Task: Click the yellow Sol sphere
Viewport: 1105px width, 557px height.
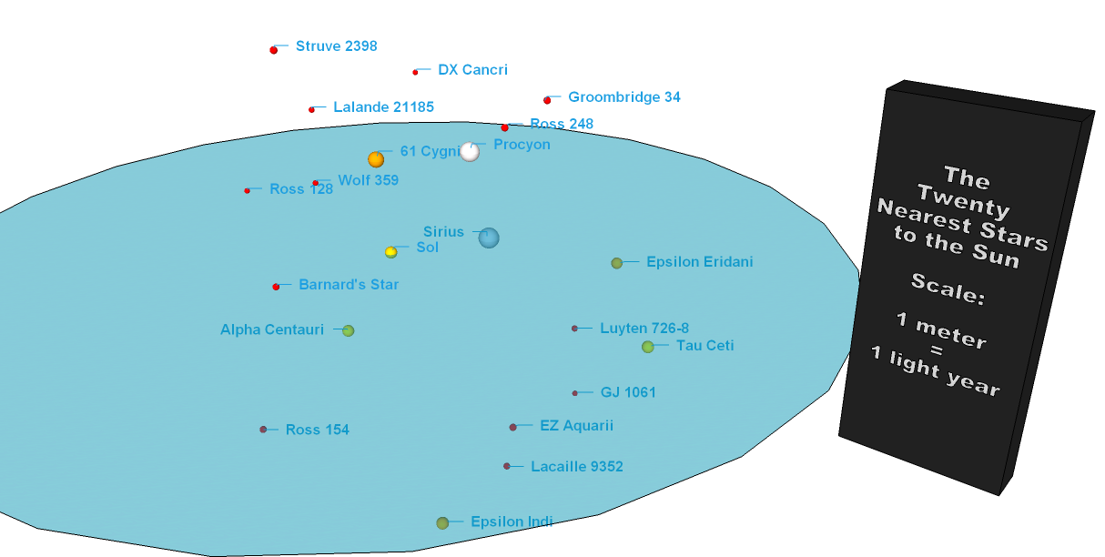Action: click(390, 252)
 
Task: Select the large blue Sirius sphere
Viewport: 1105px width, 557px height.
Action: click(489, 238)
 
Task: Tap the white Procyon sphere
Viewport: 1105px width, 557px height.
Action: click(470, 152)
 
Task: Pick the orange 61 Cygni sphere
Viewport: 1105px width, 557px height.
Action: click(376, 159)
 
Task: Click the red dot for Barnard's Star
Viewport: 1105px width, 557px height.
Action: click(276, 287)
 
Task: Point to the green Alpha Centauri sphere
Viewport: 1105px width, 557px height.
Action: click(348, 330)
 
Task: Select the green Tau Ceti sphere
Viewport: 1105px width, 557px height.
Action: click(647, 347)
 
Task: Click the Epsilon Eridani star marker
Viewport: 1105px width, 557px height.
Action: click(616, 263)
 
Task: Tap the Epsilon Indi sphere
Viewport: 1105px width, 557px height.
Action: click(442, 522)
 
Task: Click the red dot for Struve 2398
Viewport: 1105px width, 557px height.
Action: click(273, 50)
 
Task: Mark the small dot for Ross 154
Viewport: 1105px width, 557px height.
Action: click(263, 429)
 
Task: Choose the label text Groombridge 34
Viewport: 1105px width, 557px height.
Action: click(623, 97)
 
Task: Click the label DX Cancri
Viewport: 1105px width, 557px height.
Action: click(472, 70)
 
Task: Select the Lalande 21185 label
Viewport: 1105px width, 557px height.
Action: click(383, 107)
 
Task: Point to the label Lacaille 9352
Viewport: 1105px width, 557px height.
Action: click(576, 467)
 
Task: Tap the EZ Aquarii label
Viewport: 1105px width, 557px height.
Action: click(576, 426)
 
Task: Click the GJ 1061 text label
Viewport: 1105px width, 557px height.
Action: click(628, 393)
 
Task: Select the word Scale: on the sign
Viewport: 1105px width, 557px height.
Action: click(948, 289)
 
